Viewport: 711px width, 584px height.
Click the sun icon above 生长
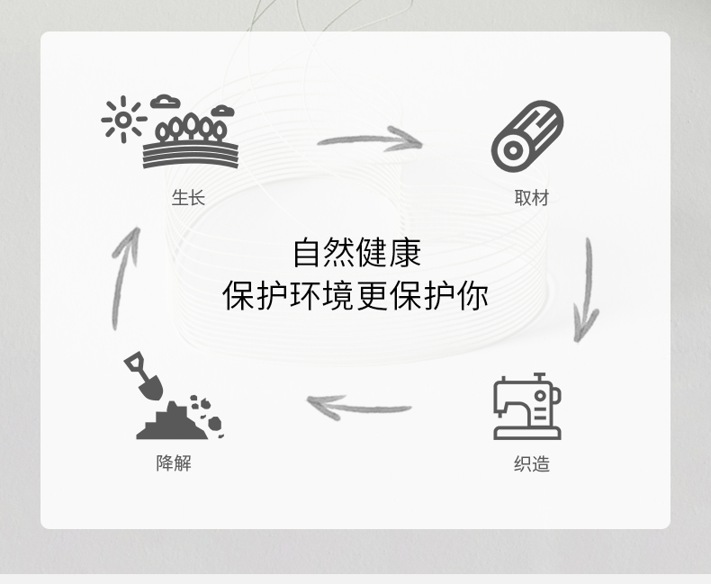pos(122,119)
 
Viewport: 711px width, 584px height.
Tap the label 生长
pos(188,197)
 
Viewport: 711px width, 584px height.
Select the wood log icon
pos(527,136)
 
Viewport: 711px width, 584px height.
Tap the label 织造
pos(531,464)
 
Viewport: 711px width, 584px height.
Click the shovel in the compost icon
pos(144,375)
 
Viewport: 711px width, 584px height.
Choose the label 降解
pos(174,463)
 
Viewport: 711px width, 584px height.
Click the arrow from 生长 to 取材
pos(370,139)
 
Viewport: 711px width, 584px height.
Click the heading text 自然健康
pos(356,253)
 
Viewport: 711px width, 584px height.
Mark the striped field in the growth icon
pos(190,155)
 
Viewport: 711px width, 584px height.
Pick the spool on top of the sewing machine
pos(539,378)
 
